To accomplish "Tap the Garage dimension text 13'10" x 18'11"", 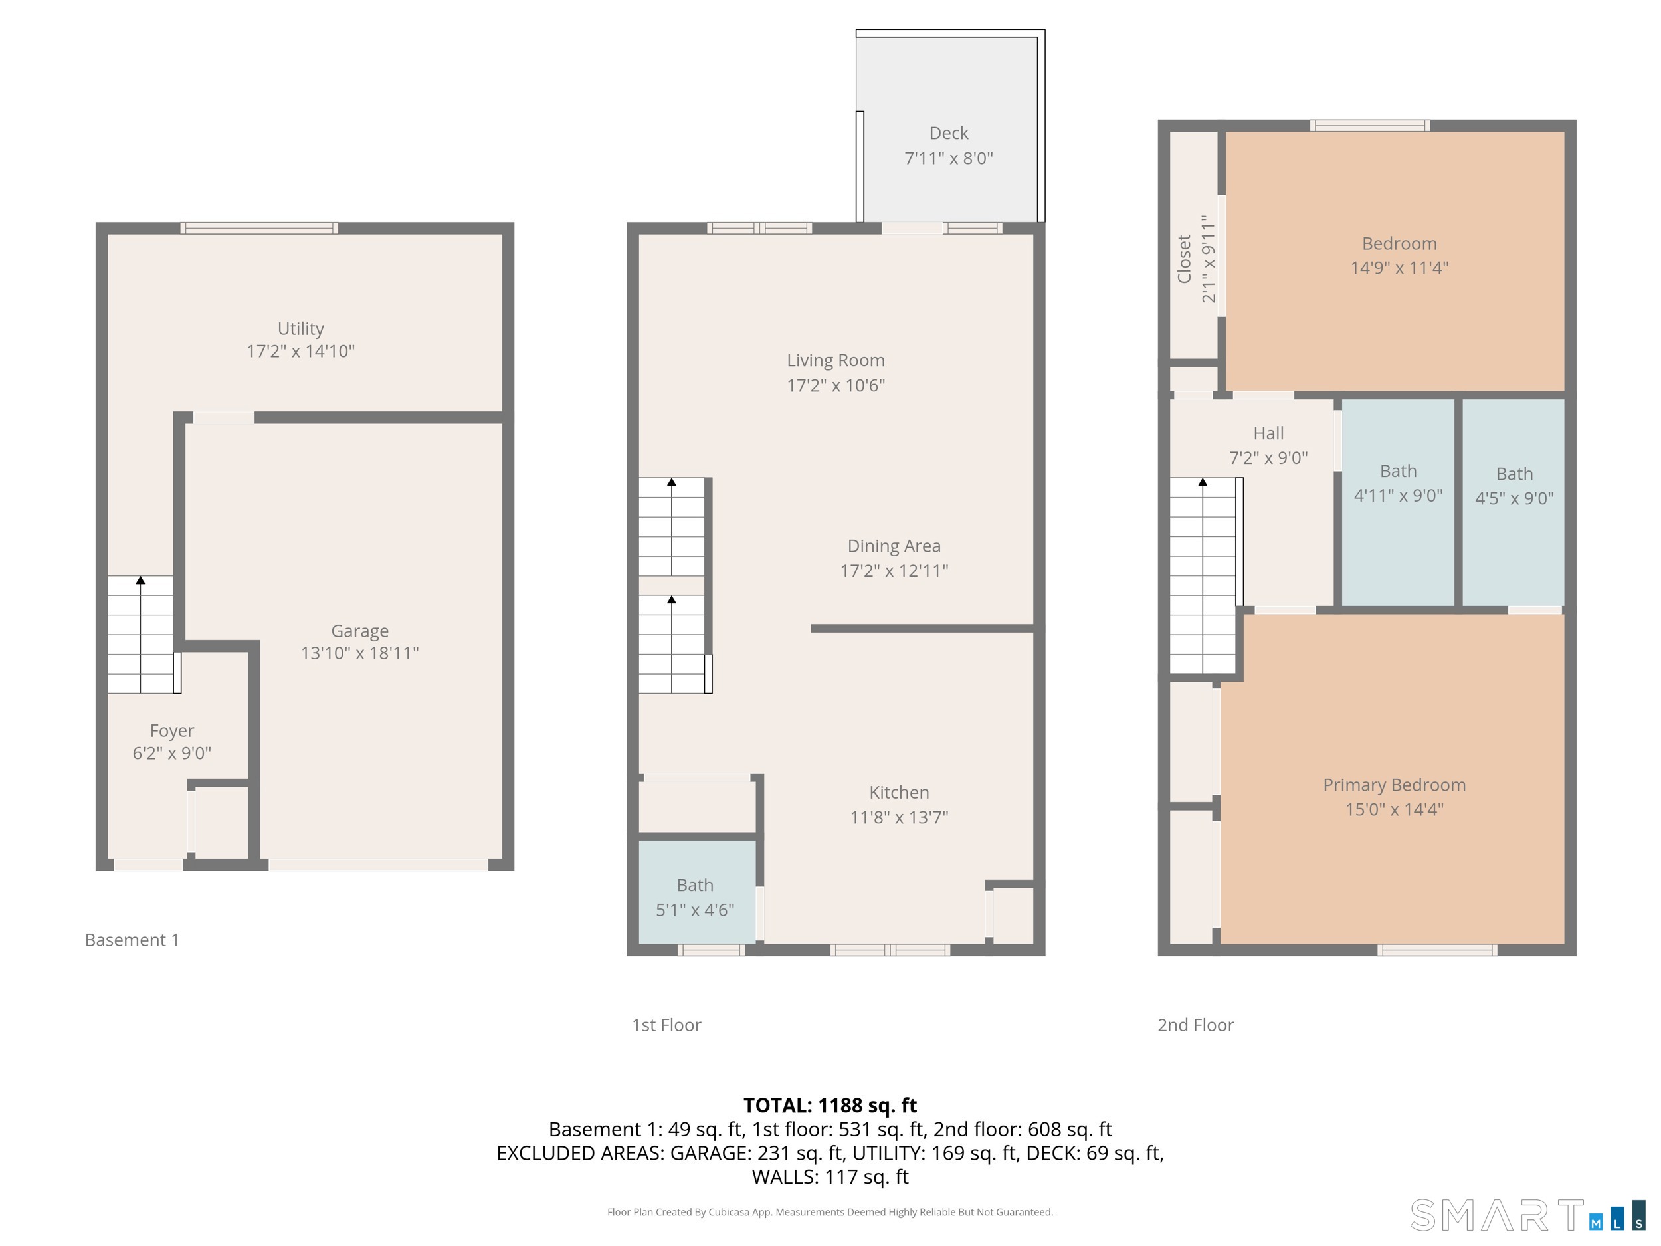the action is pos(359,653).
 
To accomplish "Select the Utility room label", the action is pos(300,329).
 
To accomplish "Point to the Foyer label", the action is pos(172,731).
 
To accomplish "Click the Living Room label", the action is pos(836,360).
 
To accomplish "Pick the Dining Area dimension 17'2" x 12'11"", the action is pos(894,571).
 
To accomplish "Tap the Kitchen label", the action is pos(899,792).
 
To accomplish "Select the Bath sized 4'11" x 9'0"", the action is pos(1398,483).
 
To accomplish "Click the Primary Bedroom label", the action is pos(1395,785).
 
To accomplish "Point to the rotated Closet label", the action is pos(1184,259).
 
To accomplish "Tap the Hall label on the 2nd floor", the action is pos(1268,433).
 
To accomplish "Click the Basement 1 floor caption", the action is pos(132,940).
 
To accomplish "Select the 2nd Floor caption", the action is pos(1195,1025).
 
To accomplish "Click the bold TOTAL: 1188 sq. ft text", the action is pos(830,1106).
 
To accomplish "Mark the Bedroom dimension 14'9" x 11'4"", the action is pos(1399,268).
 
